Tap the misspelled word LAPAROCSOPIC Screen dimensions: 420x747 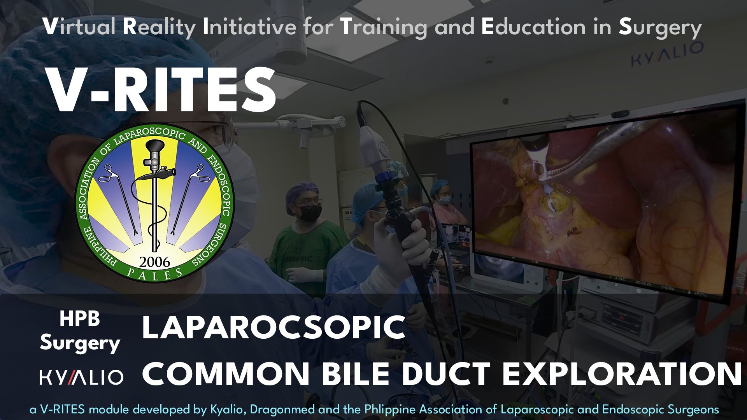274,327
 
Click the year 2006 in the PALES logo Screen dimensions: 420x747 154,262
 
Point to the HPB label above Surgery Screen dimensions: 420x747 80,319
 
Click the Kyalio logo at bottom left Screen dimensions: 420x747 81,377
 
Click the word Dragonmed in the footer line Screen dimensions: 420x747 282,409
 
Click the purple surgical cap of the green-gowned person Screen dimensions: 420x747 302,191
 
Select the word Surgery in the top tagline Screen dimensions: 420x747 660,27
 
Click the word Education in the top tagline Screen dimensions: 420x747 533,27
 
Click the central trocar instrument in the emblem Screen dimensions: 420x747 155,194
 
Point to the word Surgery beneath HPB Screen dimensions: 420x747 80,343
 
